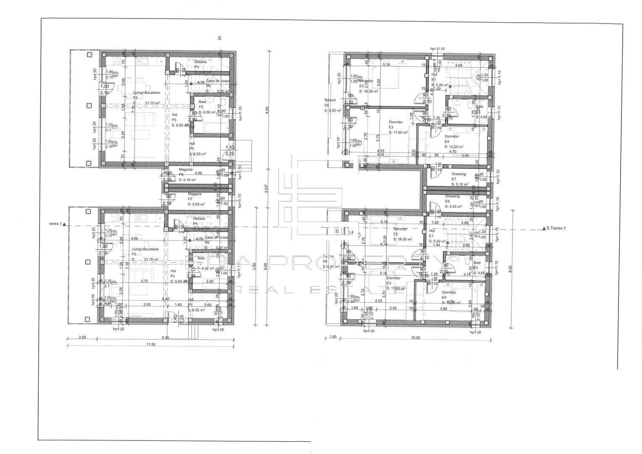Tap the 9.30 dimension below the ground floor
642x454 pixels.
coord(165,338)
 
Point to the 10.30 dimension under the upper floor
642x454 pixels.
coord(415,338)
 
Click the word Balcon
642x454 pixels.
coord(330,100)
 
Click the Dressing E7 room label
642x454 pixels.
coord(459,174)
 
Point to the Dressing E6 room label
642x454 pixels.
coord(452,196)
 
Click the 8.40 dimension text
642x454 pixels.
coord(166,298)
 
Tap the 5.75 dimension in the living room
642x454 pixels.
coord(145,281)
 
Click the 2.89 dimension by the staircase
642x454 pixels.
coord(465,223)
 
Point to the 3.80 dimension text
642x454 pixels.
coord(455,309)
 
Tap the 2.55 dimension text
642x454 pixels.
coord(393,308)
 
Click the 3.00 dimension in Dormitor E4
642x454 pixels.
coord(465,156)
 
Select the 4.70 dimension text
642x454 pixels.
coord(453,152)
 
